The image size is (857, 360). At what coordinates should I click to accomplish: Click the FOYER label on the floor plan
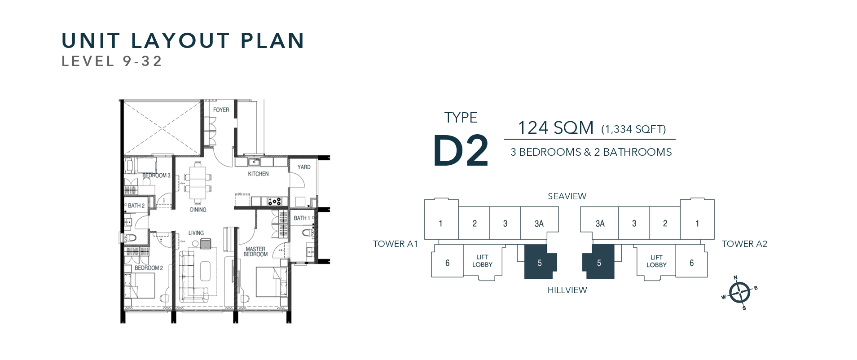coord(221,110)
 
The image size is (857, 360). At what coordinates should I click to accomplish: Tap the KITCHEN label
coord(258,174)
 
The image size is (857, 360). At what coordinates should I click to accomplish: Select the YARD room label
coord(304,167)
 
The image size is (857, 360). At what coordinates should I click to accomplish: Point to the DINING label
coord(198,210)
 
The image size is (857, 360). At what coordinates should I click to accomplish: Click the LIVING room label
coord(196,233)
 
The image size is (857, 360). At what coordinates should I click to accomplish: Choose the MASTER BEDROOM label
coord(255,252)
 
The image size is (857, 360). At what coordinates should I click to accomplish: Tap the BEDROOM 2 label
coord(149,268)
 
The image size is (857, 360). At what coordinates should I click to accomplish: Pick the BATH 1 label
coord(302,218)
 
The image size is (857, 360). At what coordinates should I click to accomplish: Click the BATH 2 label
coord(136,206)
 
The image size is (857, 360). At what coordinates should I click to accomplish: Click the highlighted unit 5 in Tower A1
coord(540,263)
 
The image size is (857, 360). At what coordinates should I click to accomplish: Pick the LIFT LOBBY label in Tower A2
coord(656,261)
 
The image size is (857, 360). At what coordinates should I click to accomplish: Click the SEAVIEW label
coord(567,196)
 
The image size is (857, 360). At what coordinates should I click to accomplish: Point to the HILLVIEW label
coord(567,290)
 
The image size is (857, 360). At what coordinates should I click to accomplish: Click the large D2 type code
coord(461,150)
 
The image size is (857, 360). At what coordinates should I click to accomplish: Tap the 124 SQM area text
coord(556,128)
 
